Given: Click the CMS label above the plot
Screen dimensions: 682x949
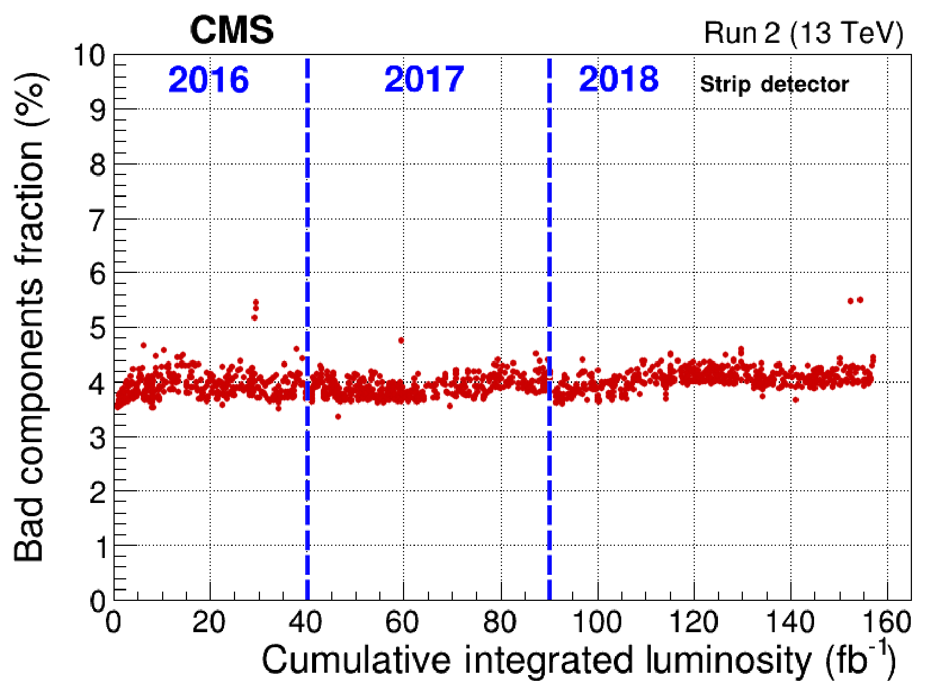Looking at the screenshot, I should click(232, 30).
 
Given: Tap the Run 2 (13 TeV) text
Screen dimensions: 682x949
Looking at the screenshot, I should click(803, 33).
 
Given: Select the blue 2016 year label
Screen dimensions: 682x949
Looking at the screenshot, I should click(208, 79).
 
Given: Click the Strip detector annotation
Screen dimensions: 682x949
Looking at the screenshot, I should click(774, 85).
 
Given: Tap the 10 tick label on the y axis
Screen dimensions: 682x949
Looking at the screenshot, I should click(90, 57).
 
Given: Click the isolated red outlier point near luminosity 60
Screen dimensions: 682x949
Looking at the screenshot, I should click(401, 340).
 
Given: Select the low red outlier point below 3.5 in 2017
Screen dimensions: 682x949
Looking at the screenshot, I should click(338, 416).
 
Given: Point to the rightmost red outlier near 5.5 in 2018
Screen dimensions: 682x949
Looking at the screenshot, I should click(860, 300).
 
